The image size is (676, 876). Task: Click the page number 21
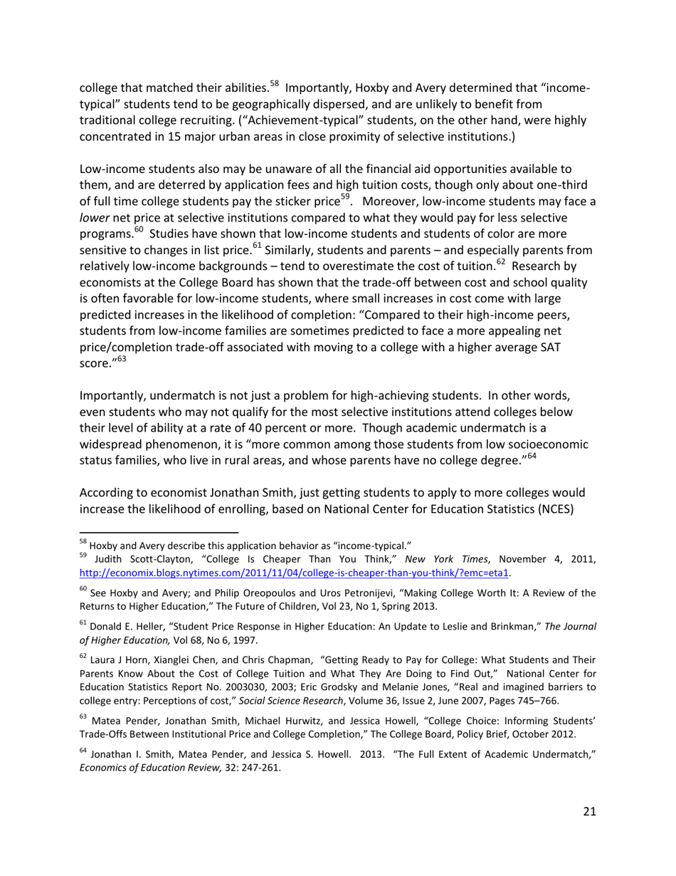(588, 811)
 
